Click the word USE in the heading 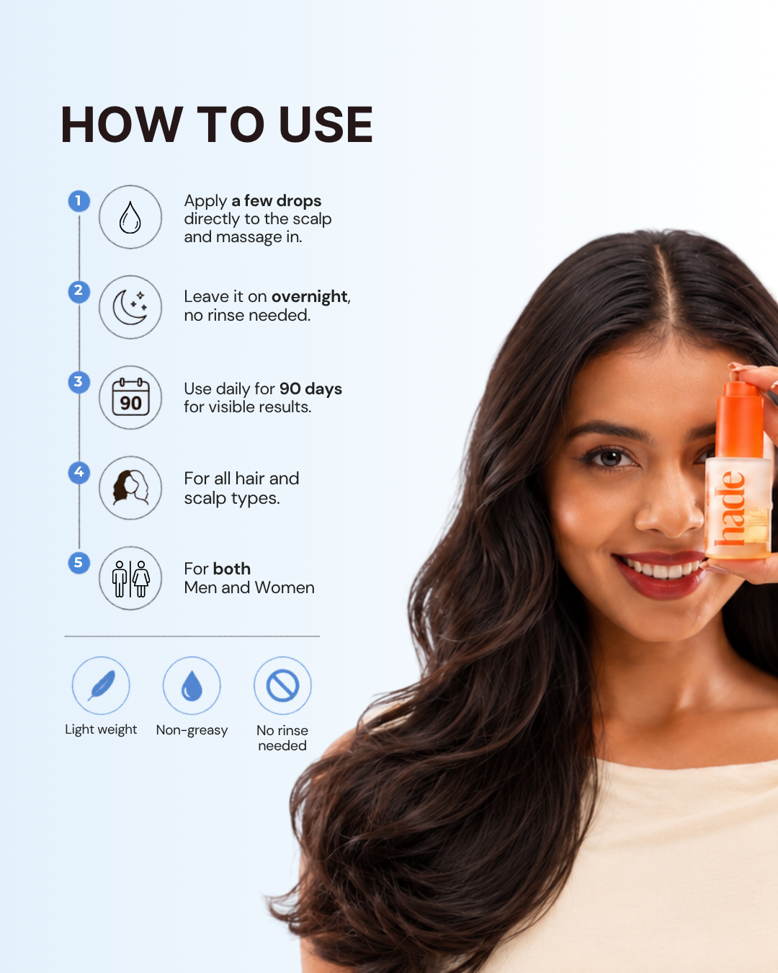(x=326, y=125)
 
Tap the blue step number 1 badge (x=79, y=201)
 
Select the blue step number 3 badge (x=79, y=381)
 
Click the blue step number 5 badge (x=79, y=562)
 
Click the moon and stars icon (x=130, y=308)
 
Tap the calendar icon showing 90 (x=130, y=397)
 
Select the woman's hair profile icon (x=130, y=487)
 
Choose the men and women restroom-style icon (x=130, y=579)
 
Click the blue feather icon (x=102, y=685)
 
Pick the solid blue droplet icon (x=192, y=686)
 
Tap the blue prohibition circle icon (x=282, y=686)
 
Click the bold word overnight (x=310, y=297)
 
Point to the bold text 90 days (x=310, y=388)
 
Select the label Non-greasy (x=192, y=730)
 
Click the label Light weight (x=101, y=729)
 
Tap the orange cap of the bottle (x=740, y=418)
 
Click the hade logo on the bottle (x=729, y=507)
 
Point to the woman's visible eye (x=610, y=458)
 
